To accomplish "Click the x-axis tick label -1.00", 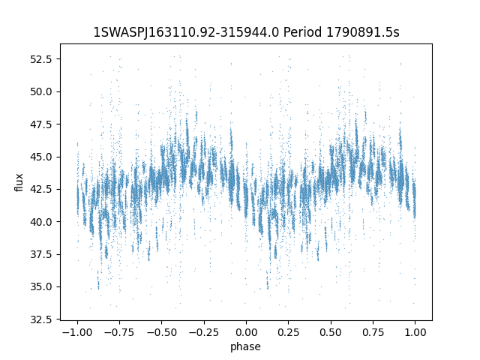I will pos(76,332).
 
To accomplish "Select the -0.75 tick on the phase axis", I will pos(118,332).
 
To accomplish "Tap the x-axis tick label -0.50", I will pos(160,332).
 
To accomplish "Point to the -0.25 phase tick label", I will pos(203,332).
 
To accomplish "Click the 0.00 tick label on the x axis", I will pos(246,332).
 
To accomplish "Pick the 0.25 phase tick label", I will pos(289,332).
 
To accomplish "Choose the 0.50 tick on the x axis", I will pos(331,332).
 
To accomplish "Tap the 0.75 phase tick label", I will pos(373,332).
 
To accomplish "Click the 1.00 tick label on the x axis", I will pos(416,332).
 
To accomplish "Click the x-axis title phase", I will pos(246,346).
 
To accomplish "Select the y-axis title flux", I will pos(19,182).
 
